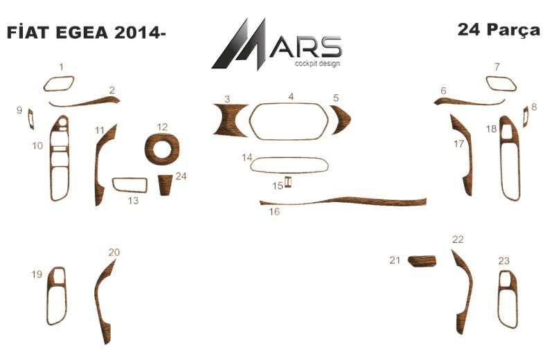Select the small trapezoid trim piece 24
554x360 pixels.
point(164,184)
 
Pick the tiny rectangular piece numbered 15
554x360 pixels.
point(287,181)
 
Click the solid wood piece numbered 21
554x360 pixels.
point(422,261)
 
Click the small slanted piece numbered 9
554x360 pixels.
point(30,119)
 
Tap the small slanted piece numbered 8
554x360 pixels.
point(526,116)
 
